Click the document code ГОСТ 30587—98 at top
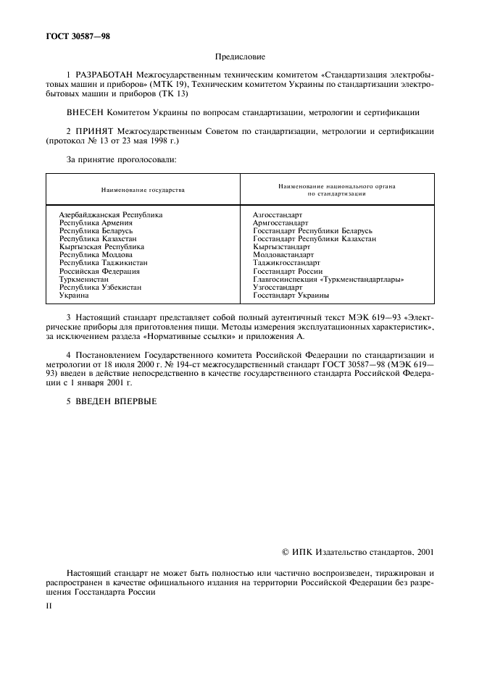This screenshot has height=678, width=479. [x=70, y=35]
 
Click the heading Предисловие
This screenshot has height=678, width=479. [x=239, y=56]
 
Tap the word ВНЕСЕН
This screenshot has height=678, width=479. [x=88, y=112]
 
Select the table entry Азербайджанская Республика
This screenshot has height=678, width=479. [x=111, y=215]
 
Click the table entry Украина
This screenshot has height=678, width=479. [x=74, y=295]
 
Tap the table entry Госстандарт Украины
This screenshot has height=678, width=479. [x=291, y=295]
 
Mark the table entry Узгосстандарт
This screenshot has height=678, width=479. [x=278, y=287]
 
